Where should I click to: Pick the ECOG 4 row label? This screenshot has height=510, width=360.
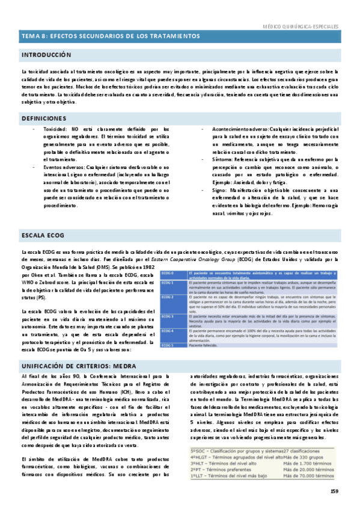[x=166, y=331]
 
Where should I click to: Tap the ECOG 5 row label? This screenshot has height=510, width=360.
[x=166, y=345]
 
